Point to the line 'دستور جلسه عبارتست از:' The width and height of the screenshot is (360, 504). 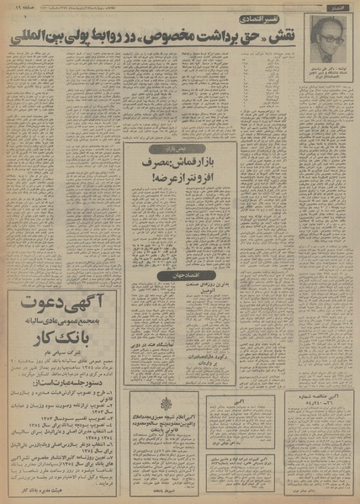tap(58, 396)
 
